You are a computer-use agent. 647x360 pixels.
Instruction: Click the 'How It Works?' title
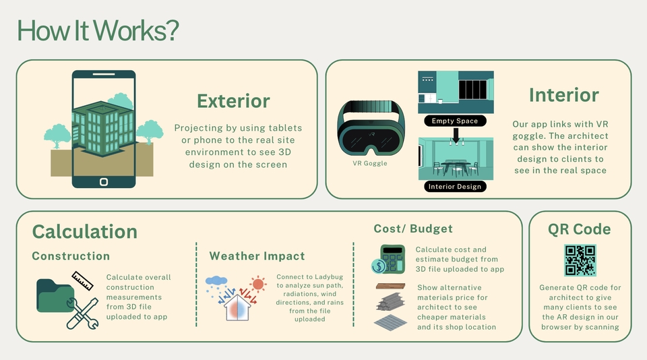pos(98,30)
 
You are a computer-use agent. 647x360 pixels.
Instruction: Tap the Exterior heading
pos(234,101)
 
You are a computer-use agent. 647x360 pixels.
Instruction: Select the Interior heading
pos(563,95)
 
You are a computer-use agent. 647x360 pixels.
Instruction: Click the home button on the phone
pos(104,181)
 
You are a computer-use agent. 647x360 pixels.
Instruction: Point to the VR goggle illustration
pos(371,128)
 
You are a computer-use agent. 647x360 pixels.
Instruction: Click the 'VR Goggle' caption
pos(370,163)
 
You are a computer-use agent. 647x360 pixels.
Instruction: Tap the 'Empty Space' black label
pos(455,121)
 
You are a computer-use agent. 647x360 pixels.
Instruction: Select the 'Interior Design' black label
pos(455,187)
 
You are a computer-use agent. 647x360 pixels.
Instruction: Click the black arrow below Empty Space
pos(456,136)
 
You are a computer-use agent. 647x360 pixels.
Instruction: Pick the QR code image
pos(580,260)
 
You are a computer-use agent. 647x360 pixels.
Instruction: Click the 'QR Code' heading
pos(580,229)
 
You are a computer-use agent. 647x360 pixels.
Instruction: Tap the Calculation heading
pos(85,232)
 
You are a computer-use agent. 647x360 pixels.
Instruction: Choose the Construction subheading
pos(71,256)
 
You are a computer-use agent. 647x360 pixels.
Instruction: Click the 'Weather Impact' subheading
pos(257,256)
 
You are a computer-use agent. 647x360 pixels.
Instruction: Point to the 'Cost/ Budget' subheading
pos(413,229)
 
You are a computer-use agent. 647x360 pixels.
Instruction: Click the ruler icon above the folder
pos(82,280)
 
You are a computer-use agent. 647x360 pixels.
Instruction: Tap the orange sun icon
pos(258,284)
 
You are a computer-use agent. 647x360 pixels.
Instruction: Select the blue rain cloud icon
pos(216,282)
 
